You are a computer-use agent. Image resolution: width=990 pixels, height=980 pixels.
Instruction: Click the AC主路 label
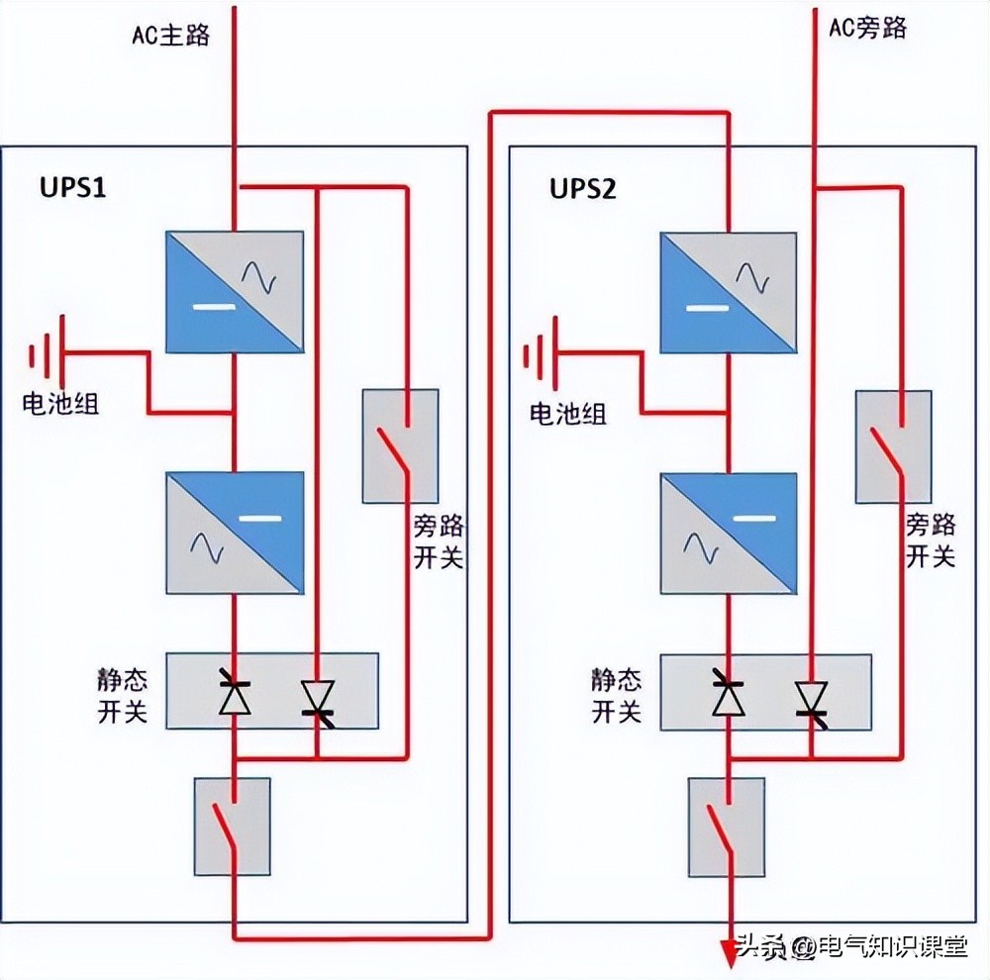[x=170, y=35]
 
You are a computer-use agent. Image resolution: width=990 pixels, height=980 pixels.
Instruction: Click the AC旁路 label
[x=867, y=27]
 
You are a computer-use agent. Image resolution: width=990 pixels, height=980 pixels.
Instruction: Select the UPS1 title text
[x=72, y=187]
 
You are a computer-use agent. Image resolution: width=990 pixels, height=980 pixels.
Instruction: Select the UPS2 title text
[x=583, y=188]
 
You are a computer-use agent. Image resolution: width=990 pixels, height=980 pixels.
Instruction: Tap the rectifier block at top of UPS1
[x=234, y=292]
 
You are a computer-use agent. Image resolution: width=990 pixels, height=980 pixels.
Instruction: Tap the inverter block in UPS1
[x=234, y=534]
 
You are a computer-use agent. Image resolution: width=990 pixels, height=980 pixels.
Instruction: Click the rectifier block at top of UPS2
[x=729, y=292]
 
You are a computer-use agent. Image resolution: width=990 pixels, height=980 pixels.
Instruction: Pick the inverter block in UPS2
[x=729, y=536]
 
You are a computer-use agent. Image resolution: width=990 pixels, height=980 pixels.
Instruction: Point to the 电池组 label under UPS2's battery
[x=567, y=414]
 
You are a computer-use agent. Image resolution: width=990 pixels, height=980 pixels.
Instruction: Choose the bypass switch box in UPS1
[x=400, y=445]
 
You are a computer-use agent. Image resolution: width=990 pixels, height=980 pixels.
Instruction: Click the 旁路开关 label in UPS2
[x=931, y=540]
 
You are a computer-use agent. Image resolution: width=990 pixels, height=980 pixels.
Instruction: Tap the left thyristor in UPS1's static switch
[x=235, y=697]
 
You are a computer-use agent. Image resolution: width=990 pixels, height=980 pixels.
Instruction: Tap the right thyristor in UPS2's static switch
[x=812, y=698]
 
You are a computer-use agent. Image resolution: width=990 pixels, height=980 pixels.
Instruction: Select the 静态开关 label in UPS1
[x=123, y=696]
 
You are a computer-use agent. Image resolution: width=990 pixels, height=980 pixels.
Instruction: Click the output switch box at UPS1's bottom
[x=232, y=827]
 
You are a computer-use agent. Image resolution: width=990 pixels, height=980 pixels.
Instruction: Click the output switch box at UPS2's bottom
[x=726, y=827]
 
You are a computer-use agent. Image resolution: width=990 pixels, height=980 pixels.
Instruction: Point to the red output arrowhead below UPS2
[x=730, y=953]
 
